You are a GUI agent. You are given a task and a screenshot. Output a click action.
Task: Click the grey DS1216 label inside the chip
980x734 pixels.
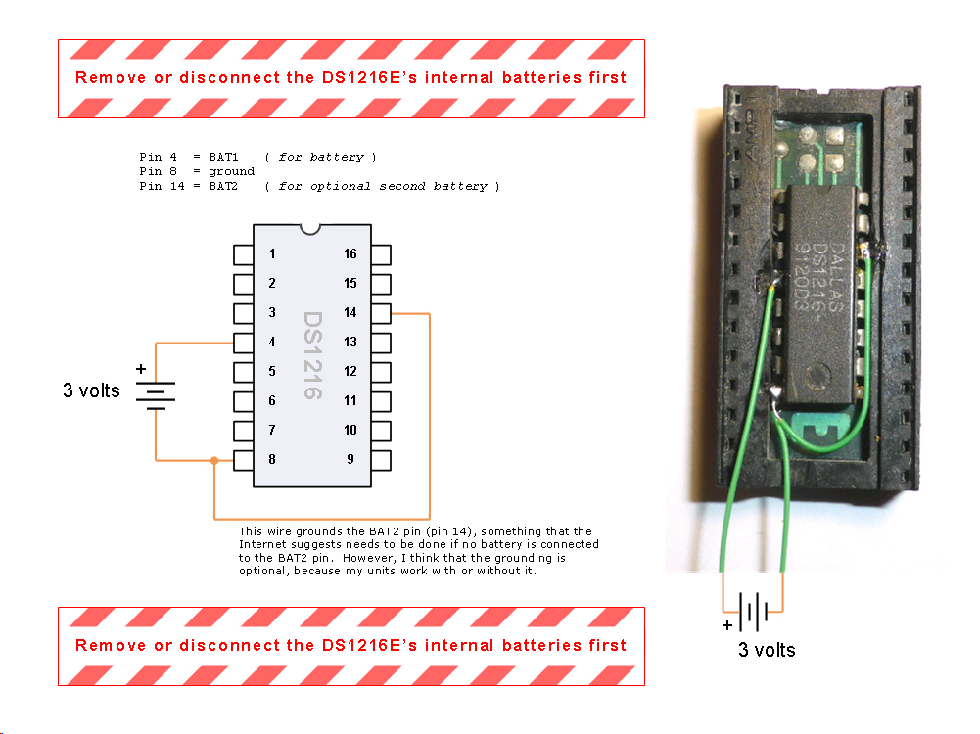pyautogui.click(x=312, y=355)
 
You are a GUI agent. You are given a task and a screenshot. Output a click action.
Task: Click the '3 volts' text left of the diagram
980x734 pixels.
pyautogui.click(x=91, y=390)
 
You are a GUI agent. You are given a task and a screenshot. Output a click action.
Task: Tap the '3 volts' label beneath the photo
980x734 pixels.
pyautogui.click(x=767, y=650)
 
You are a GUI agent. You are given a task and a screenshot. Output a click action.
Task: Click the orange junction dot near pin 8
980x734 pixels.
pyautogui.click(x=214, y=460)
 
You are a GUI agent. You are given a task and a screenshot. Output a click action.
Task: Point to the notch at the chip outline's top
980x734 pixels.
pyautogui.click(x=312, y=230)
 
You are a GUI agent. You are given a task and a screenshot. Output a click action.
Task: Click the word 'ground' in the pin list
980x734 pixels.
pyautogui.click(x=231, y=171)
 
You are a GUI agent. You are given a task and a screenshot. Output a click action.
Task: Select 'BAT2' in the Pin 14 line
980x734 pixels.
pyautogui.click(x=223, y=186)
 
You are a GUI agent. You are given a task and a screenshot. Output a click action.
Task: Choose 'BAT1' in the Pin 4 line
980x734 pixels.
pyautogui.click(x=223, y=157)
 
